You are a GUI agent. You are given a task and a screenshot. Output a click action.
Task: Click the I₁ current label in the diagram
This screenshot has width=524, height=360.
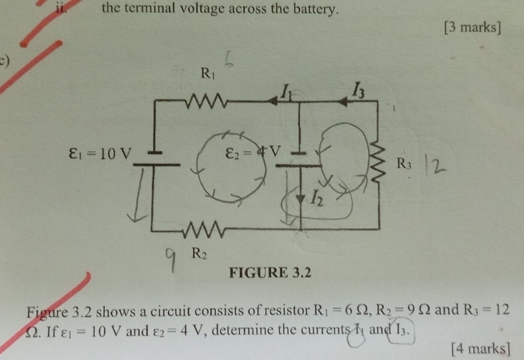[x=287, y=92]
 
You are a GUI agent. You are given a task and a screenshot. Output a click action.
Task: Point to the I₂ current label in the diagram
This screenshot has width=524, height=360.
[x=319, y=198]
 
